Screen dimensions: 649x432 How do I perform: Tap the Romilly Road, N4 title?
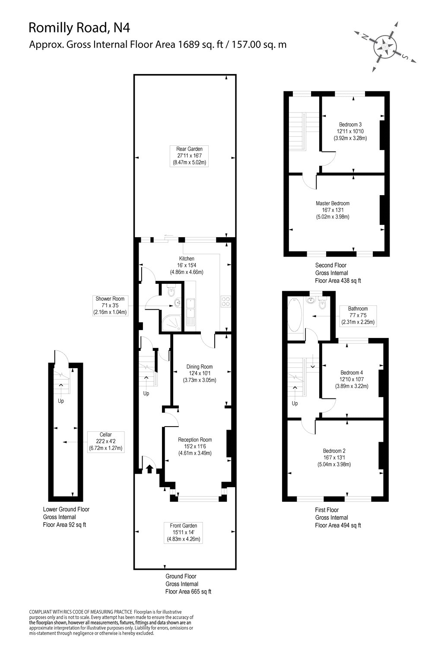click(x=79, y=28)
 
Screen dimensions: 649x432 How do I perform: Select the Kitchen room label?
click(x=187, y=265)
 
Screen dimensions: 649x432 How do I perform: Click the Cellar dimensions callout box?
click(x=106, y=441)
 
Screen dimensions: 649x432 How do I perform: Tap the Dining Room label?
click(x=199, y=373)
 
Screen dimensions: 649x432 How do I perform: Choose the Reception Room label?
click(x=195, y=447)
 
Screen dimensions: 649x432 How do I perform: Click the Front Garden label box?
click(x=184, y=533)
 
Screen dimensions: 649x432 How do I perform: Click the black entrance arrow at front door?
click(x=150, y=468)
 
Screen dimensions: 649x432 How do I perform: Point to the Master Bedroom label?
click(x=332, y=210)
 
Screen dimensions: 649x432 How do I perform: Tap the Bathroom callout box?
click(x=358, y=315)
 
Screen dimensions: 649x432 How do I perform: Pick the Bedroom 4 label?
click(x=352, y=379)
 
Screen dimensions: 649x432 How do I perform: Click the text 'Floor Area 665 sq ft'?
click(x=188, y=591)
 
